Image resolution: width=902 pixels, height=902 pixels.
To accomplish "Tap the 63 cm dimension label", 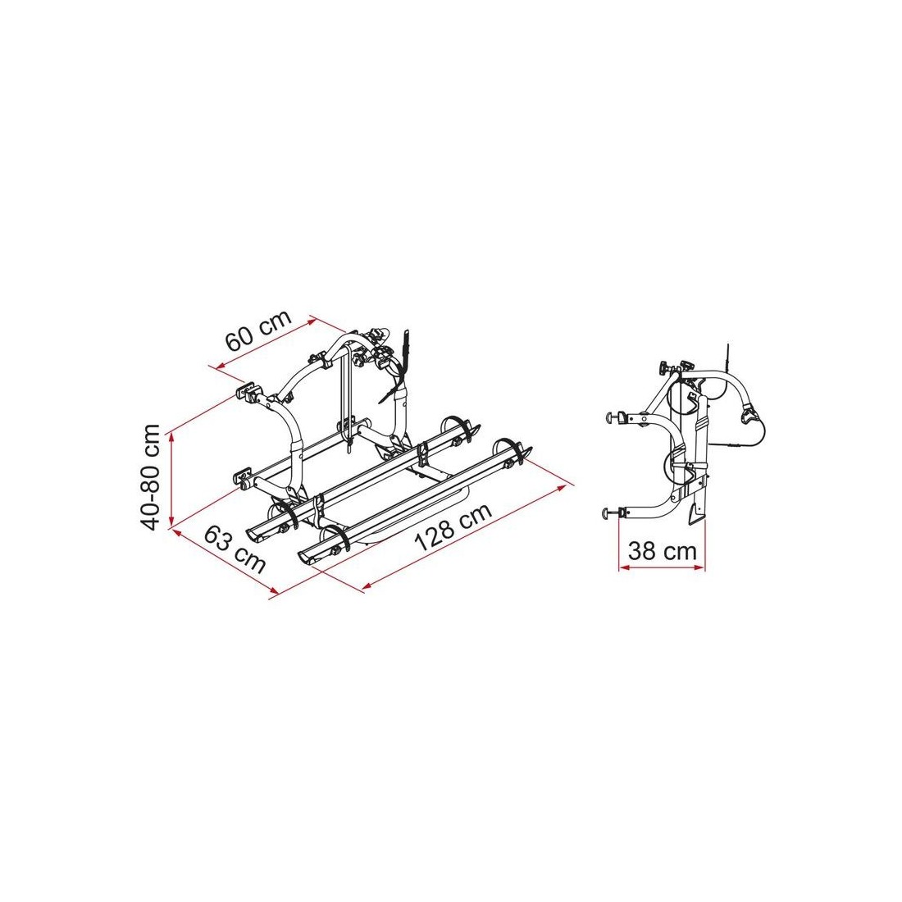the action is (235, 549).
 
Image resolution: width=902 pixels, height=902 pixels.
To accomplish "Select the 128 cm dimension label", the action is (454, 527).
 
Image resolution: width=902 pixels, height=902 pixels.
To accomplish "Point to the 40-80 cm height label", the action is (151, 477).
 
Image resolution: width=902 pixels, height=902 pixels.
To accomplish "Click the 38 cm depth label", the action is (662, 550).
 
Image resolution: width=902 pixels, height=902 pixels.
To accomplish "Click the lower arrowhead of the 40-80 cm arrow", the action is (171, 522).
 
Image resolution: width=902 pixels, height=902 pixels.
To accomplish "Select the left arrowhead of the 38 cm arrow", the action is (623, 567).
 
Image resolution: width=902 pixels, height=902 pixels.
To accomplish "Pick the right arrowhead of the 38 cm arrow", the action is (699, 567).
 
